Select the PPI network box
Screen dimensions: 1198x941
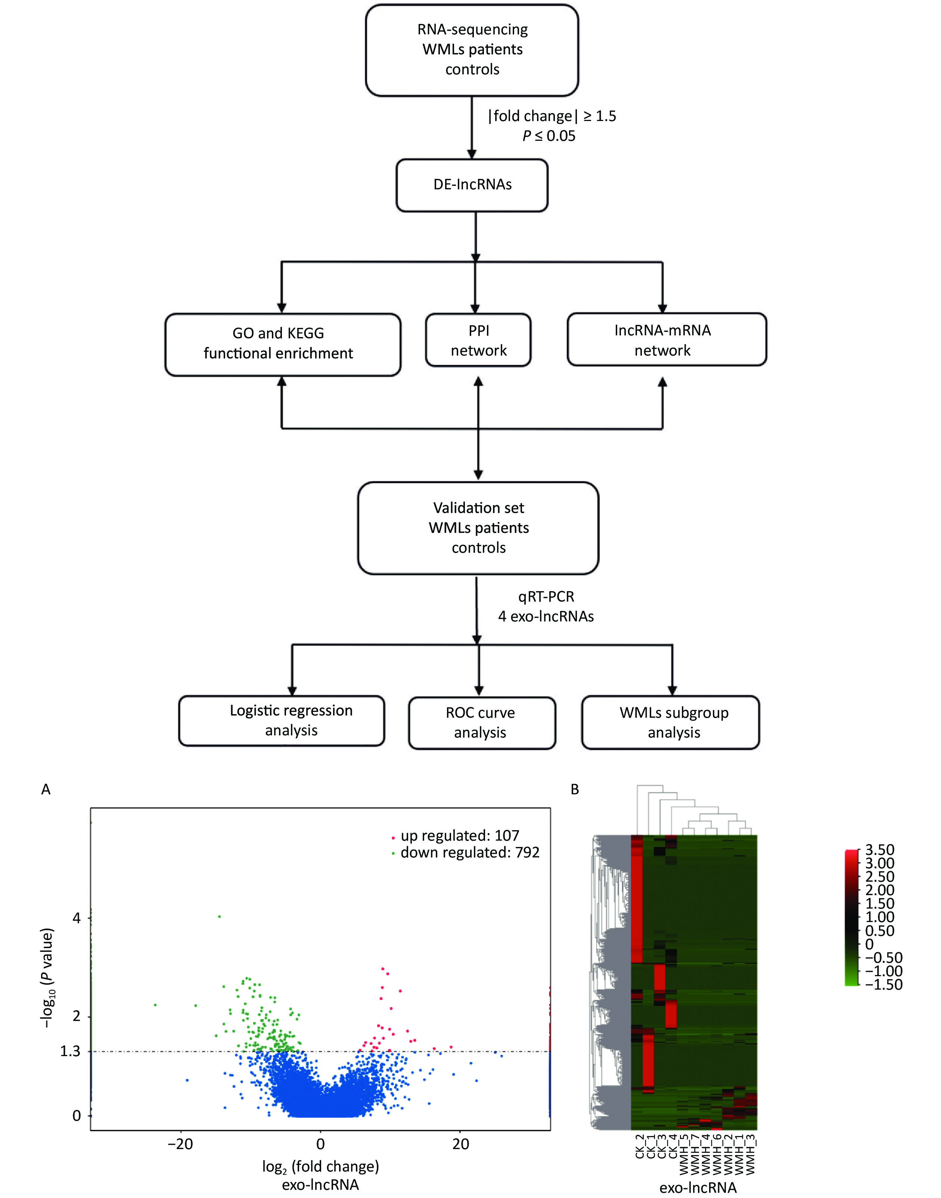[x=478, y=340]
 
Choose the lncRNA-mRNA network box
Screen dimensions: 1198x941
[x=666, y=339]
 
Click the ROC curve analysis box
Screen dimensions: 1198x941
[x=482, y=723]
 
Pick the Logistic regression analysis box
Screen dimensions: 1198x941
[x=282, y=720]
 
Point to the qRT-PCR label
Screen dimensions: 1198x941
[x=546, y=597]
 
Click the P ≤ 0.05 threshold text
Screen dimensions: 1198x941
[x=549, y=136]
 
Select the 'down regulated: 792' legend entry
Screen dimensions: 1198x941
[x=469, y=853]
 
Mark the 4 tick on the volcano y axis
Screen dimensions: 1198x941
[x=77, y=918]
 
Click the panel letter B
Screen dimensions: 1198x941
[x=575, y=790]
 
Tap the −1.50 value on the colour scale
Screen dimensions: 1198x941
[x=883, y=985]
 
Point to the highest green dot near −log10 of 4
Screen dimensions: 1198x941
[x=219, y=916]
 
